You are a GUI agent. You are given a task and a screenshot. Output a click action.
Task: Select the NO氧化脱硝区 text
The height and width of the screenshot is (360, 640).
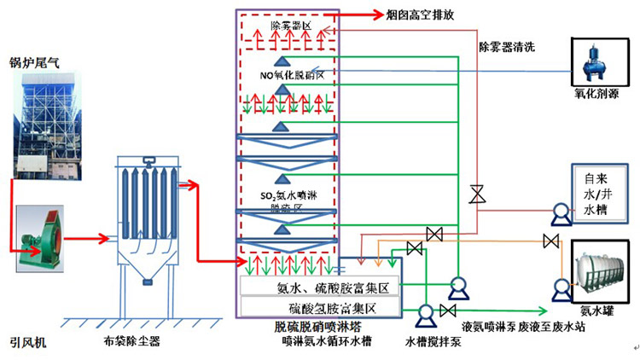pos(293,75)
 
